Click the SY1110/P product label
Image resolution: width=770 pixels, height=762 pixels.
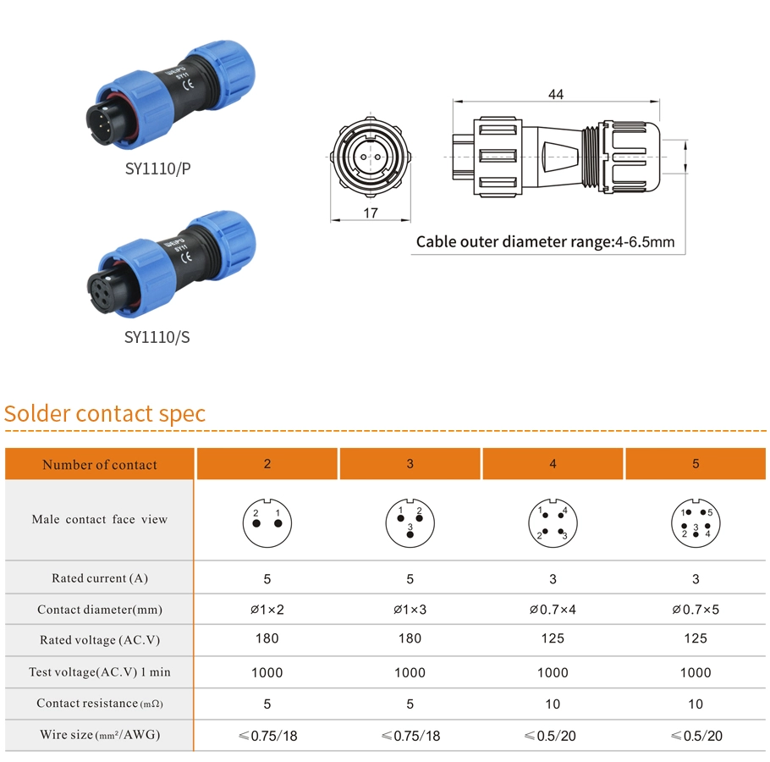coord(157,168)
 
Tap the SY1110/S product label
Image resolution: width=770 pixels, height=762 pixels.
coord(157,337)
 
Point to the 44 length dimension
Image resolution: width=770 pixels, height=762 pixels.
coord(555,94)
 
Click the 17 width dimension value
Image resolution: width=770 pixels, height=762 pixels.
coord(370,213)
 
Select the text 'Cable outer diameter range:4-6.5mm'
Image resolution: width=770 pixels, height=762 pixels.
coord(545,242)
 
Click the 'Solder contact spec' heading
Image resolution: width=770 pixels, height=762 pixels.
coord(105,414)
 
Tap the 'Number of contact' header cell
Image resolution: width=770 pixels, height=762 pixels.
coord(100,464)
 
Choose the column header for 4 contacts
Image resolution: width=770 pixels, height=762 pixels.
coord(553,463)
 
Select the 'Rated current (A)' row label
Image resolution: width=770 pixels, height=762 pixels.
coord(100,578)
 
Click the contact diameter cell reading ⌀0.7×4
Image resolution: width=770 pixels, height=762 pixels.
coord(553,610)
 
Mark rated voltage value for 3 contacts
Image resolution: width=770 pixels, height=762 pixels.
coord(410,638)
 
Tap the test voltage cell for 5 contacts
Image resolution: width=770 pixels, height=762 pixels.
coord(696,672)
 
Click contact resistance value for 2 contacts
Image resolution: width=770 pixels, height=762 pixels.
coord(267,704)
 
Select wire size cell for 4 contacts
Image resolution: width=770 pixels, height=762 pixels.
coord(553,736)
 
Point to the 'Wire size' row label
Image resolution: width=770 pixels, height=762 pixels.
coord(100,735)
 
